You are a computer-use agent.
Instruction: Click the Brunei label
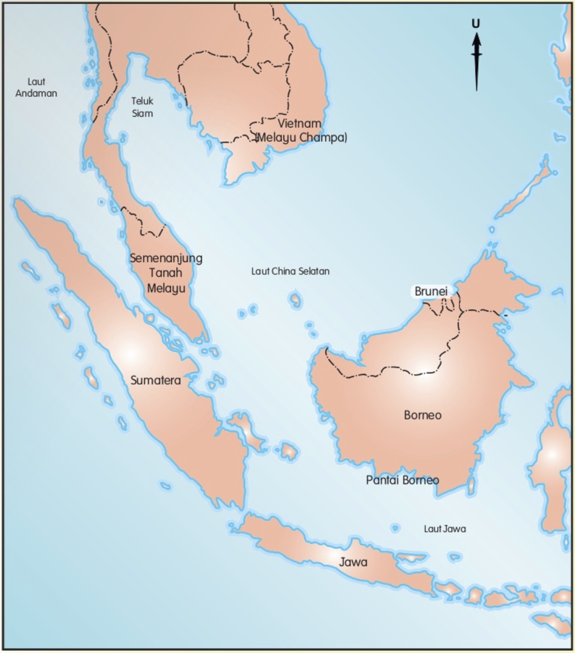[431, 291]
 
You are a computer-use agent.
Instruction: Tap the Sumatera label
[155, 381]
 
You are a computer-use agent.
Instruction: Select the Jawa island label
[353, 562]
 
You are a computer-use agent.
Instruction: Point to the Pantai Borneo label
[402, 480]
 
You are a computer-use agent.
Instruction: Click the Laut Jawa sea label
[445, 529]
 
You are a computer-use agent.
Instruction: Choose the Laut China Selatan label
[290, 271]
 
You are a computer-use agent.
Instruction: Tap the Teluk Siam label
[142, 107]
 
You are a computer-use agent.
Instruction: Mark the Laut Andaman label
[36, 88]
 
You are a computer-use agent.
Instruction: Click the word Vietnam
[299, 123]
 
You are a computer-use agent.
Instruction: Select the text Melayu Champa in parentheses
[301, 137]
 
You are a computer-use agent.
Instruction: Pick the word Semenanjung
[166, 258]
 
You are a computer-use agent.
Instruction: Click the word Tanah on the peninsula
[166, 273]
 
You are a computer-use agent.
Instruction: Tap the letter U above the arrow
[476, 23]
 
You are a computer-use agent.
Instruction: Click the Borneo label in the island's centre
[422, 415]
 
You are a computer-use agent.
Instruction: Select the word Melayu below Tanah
[166, 288]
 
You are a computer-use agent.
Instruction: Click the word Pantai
[382, 480]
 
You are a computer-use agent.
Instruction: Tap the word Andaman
[36, 94]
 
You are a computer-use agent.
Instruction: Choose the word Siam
[142, 113]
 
